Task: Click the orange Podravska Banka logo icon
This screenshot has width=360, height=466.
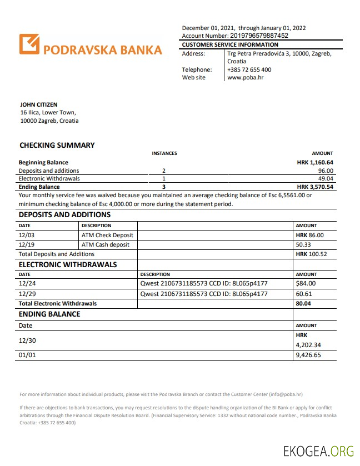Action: (x=30, y=44)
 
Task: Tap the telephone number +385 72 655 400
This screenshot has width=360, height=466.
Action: (x=249, y=69)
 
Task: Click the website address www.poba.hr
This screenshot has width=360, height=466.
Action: (x=245, y=77)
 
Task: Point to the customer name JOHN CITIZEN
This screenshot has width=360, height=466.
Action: (x=38, y=104)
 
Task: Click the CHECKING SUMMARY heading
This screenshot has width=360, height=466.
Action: (x=57, y=145)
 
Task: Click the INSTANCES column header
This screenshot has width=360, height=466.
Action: (x=164, y=153)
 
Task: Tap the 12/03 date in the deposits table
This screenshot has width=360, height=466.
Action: (x=27, y=235)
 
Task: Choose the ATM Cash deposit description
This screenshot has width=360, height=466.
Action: (x=106, y=244)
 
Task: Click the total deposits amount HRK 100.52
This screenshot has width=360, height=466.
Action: (x=311, y=254)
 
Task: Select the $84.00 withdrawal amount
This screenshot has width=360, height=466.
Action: (x=306, y=284)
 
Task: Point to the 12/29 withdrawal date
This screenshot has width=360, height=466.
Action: (x=27, y=294)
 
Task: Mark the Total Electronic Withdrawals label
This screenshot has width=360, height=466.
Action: (x=58, y=304)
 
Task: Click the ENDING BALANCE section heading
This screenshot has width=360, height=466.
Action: (x=49, y=314)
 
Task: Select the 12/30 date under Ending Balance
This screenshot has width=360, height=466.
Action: (x=27, y=340)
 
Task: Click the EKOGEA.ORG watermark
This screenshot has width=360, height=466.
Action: (x=318, y=451)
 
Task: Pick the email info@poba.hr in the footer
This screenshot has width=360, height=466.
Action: (x=286, y=394)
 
